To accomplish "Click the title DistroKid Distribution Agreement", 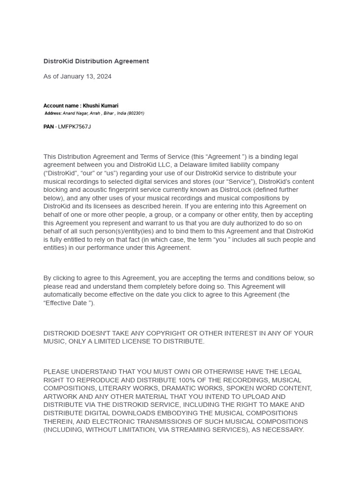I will coord(96,61).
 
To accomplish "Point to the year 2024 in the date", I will coord(104,76).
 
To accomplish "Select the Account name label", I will coord(61,106).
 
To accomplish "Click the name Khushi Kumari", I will coord(101,106).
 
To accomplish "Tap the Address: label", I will coord(53,113).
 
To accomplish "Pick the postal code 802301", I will coord(135,113).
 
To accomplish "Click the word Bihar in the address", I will coord(109,113).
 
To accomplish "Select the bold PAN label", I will coord(48,127).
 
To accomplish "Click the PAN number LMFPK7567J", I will coord(75,127).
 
